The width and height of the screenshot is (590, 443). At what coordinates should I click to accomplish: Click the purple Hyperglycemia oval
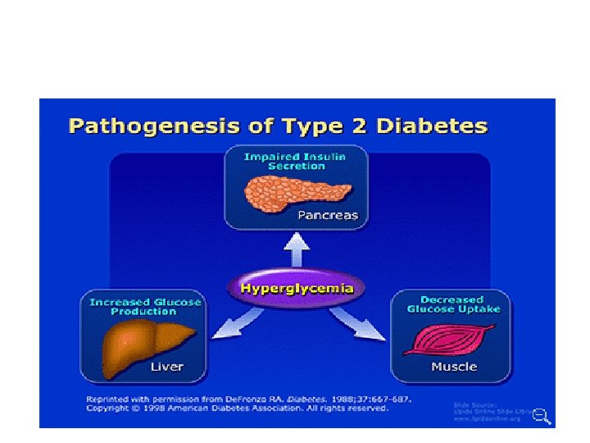[296, 289]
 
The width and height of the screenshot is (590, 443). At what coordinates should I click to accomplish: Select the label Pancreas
[329, 216]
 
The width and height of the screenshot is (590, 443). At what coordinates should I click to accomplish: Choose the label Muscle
[454, 366]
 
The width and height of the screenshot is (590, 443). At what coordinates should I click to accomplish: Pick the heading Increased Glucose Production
[145, 307]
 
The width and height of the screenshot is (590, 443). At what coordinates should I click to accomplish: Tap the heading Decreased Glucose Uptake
[452, 304]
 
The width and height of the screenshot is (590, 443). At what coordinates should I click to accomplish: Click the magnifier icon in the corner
[542, 416]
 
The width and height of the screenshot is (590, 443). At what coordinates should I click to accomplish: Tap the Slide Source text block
[488, 410]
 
